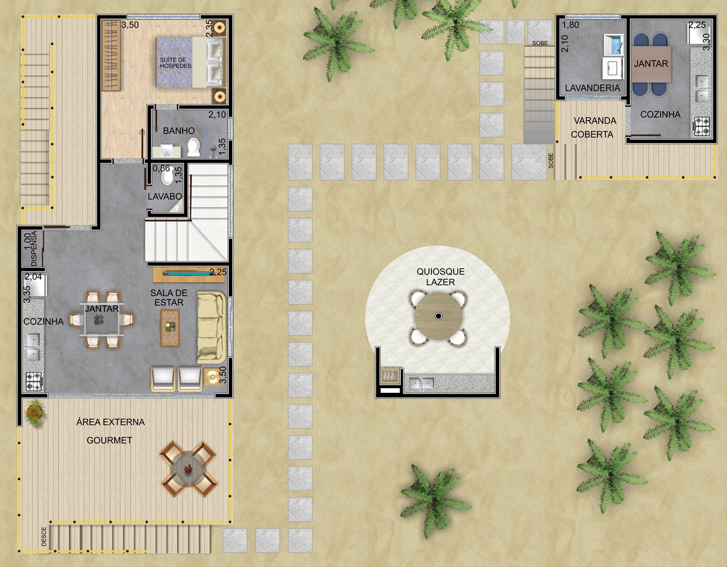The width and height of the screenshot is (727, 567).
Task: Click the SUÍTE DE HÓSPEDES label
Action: pos(175,63)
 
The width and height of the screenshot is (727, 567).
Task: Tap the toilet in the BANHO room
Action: pos(194,147)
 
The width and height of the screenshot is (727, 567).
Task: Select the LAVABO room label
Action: pos(165,196)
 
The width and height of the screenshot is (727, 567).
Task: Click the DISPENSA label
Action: pos(34,249)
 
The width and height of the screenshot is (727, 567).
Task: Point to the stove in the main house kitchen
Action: pos(34,382)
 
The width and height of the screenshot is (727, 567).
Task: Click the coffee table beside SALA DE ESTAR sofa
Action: pos(170,328)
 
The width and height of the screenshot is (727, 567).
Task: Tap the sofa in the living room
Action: pos(211,327)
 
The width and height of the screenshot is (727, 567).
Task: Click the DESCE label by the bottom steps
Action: pos(44,537)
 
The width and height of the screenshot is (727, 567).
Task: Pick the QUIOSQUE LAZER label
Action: pos(440,277)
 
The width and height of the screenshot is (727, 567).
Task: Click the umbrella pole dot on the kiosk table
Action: pos(438,316)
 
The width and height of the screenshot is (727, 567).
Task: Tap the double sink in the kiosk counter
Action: pos(421,383)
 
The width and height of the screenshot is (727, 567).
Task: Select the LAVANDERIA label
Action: pos(592,88)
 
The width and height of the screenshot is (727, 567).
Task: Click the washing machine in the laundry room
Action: pos(614,45)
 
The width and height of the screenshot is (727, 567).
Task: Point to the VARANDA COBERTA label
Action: pos(593,127)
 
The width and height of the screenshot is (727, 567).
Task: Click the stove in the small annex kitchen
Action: pos(702,127)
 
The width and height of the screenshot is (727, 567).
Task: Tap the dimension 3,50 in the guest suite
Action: pos(130,25)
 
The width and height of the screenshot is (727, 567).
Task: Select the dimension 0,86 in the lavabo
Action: pos(161,168)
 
